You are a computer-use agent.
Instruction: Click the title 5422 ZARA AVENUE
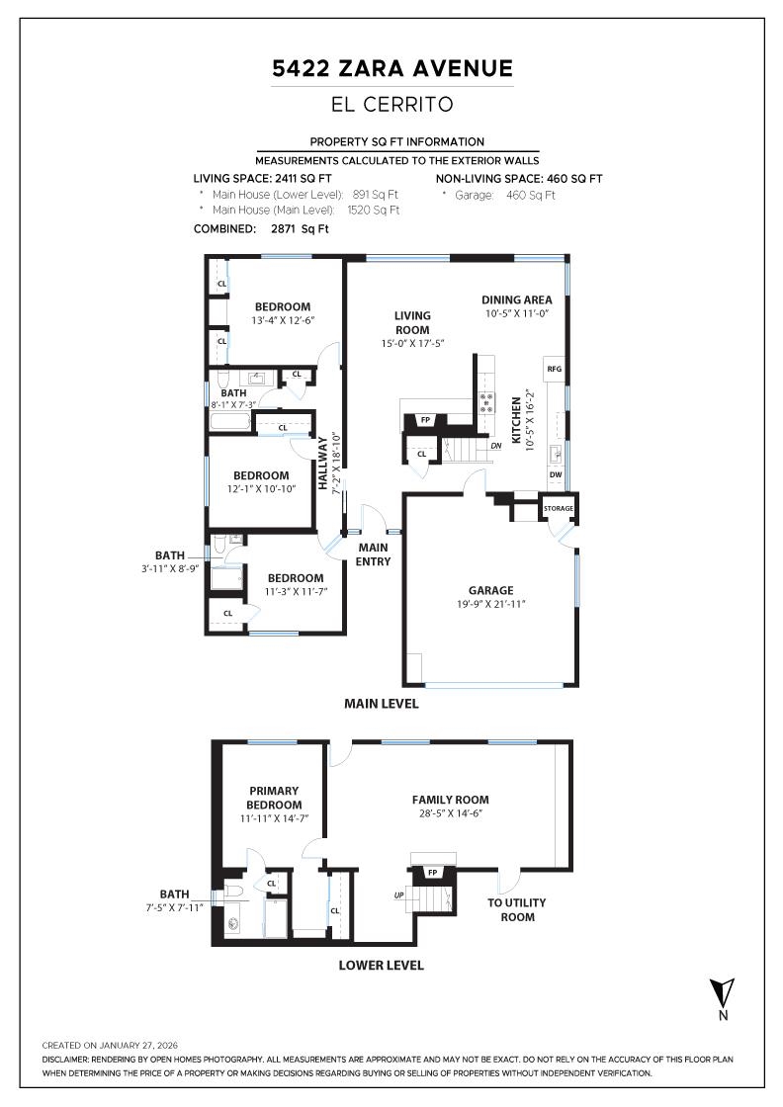(x=392, y=68)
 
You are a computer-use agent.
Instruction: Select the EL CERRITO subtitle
(x=392, y=104)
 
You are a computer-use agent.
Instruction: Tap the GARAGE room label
(x=490, y=590)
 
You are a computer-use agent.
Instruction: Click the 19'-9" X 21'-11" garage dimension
(x=490, y=604)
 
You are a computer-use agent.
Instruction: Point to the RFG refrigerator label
(x=554, y=369)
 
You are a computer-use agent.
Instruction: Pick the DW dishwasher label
(x=555, y=473)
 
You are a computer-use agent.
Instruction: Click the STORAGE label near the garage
(x=558, y=509)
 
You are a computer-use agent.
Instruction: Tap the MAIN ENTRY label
(x=374, y=554)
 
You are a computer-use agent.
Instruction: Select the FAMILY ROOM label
(x=450, y=800)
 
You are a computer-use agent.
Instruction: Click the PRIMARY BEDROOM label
(x=274, y=798)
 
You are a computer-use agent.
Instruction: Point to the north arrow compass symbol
(x=723, y=992)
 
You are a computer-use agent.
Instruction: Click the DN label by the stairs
(x=495, y=446)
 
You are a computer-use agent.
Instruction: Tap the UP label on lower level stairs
(x=398, y=896)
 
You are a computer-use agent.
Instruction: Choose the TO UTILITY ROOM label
(x=517, y=909)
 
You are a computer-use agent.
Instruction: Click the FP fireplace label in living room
(x=426, y=420)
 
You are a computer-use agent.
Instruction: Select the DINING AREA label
(x=516, y=299)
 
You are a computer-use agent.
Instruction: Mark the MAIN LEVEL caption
(x=381, y=704)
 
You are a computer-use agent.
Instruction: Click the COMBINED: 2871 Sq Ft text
(x=261, y=228)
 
